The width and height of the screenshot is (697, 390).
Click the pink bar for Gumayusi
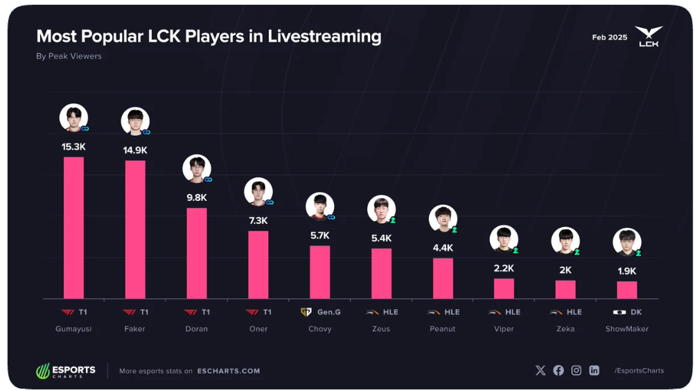coord(73,228)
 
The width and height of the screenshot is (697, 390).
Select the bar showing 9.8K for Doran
coord(197,254)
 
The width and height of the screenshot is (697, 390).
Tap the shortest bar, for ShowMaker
coord(627,290)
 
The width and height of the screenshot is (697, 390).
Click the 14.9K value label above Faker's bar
coord(135,150)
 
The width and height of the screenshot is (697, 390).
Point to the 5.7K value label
coord(320,236)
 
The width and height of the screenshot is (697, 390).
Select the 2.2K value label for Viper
coord(504,268)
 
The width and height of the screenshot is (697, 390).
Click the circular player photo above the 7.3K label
coord(258,192)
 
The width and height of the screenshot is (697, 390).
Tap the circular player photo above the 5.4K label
coord(381,209)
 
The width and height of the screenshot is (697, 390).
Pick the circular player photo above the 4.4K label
coord(443,219)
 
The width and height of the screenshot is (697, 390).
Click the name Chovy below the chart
coord(320,329)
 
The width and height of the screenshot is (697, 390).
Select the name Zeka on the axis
coord(565,329)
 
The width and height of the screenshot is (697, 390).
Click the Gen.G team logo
coord(306,312)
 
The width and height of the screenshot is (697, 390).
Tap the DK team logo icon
coord(619,312)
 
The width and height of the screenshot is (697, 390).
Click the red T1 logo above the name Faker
coord(130,312)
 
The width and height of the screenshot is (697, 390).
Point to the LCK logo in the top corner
coord(649,37)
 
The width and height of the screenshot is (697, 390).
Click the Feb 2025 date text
coord(610,37)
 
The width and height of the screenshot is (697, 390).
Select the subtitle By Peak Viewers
coord(69,56)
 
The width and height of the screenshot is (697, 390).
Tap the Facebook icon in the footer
coord(558,371)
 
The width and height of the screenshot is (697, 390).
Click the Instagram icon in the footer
coord(576,371)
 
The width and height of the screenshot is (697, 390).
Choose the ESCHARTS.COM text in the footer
coord(229,371)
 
